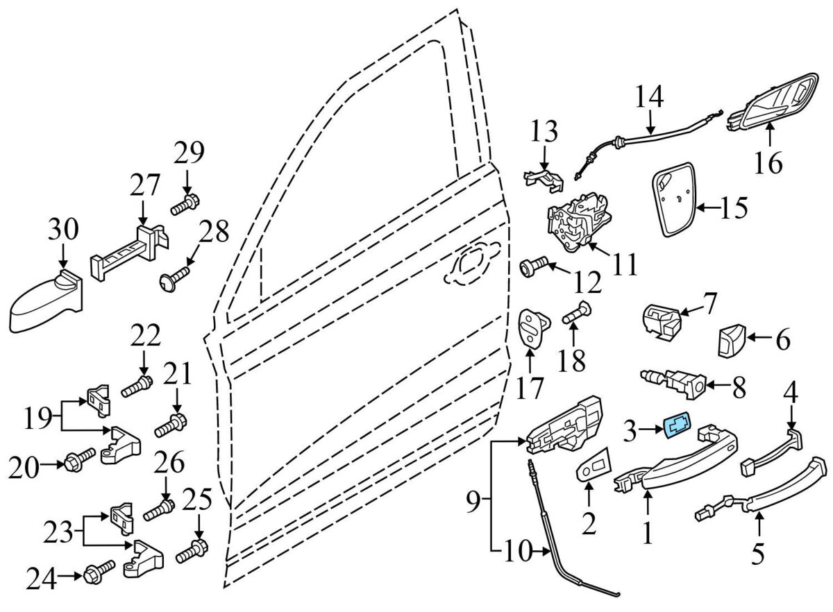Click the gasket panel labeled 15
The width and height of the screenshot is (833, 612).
pos(673,201)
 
